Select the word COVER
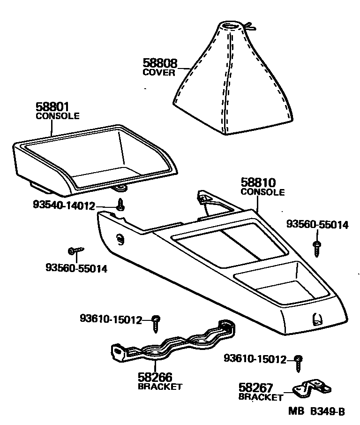click(158, 73)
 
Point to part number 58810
click(258, 183)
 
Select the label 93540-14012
click(64, 206)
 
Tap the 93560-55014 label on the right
click(317, 225)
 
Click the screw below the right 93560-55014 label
click(317, 247)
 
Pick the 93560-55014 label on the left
click(76, 269)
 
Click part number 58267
click(256, 388)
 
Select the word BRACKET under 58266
click(160, 387)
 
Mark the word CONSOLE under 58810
click(262, 192)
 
